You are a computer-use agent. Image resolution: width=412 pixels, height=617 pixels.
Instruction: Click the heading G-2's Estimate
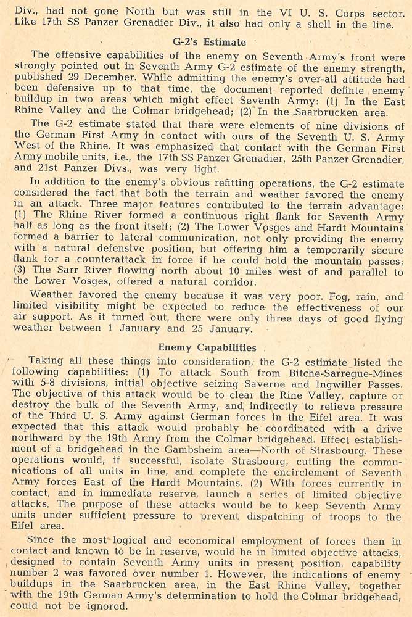coord(206,43)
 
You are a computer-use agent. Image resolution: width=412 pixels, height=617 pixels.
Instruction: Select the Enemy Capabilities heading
coord(207,348)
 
